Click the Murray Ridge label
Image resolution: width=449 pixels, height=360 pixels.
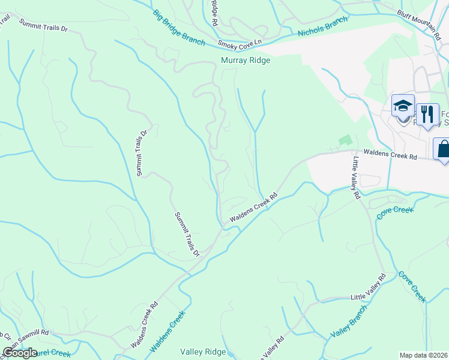[246, 61]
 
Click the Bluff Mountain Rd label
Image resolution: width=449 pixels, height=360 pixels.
[419, 24]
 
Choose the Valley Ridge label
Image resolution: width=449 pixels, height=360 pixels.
[203, 352]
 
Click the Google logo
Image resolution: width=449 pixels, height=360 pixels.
[20, 353]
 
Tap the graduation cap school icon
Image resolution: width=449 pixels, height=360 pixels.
[403, 107]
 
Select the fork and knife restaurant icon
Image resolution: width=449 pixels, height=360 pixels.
[427, 113]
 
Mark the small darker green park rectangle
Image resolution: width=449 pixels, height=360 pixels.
[345, 140]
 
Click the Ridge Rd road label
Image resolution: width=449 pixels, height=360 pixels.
[214, 12]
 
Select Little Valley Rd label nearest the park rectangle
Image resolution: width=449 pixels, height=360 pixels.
[356, 178]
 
